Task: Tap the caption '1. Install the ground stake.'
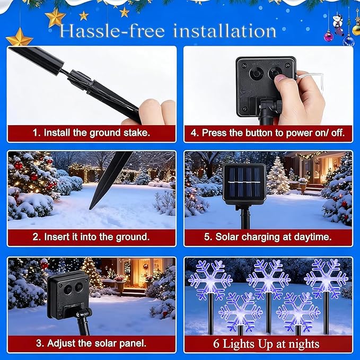tap(91, 133)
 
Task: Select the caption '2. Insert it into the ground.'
tap(91, 236)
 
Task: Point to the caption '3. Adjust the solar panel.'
tap(91, 343)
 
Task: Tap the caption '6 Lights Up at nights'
tap(268, 344)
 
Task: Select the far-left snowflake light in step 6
tap(210, 279)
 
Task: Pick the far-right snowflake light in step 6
tap(326, 278)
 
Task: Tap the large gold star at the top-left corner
tap(19, 38)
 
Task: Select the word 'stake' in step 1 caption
tap(135, 133)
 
